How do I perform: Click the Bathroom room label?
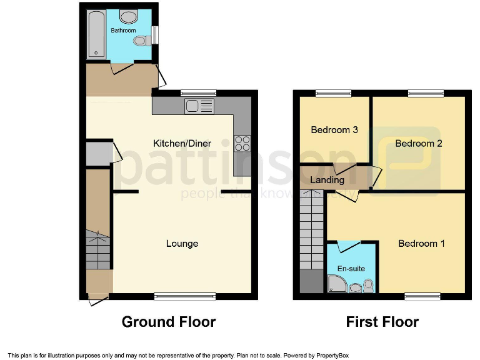coord(123,30)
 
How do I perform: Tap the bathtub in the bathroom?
coord(96,34)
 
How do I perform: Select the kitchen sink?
coord(199,106)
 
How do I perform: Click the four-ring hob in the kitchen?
coord(242,144)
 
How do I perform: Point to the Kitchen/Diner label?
coord(182,143)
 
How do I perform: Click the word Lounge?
coord(182,243)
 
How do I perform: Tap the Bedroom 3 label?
coord(334,130)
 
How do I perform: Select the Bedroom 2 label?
coord(419,143)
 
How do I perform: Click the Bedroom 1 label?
coord(421,243)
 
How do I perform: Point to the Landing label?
coord(327,180)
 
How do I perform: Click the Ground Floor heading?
coord(169,322)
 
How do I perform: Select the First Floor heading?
coord(382,322)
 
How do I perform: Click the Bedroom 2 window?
coord(427,94)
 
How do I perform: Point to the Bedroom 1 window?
coord(421,296)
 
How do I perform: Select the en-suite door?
coord(348,244)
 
